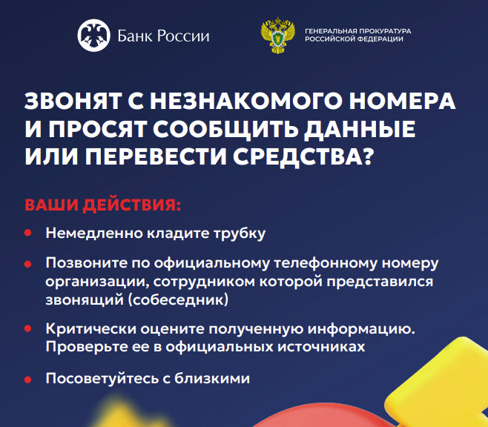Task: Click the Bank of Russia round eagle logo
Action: coord(93,35)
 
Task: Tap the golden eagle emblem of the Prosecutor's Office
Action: coord(277,36)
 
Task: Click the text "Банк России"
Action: coord(163,36)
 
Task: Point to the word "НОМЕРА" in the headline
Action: coord(402,102)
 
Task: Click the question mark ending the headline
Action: coord(368,156)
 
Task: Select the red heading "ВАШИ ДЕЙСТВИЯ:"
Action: coord(102,205)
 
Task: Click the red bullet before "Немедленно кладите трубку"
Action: coord(28,233)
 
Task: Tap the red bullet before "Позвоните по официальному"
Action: coord(28,264)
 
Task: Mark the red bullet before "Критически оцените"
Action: coord(28,328)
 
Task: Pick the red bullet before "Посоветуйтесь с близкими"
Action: coord(28,380)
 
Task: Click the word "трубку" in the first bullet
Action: coord(240,234)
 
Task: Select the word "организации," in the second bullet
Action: coord(96,282)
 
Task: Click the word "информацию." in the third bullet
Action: coord(361,329)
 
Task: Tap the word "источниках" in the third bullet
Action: coord(321,347)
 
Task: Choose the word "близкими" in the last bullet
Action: coord(212,379)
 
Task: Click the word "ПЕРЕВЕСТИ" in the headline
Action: coord(156,156)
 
